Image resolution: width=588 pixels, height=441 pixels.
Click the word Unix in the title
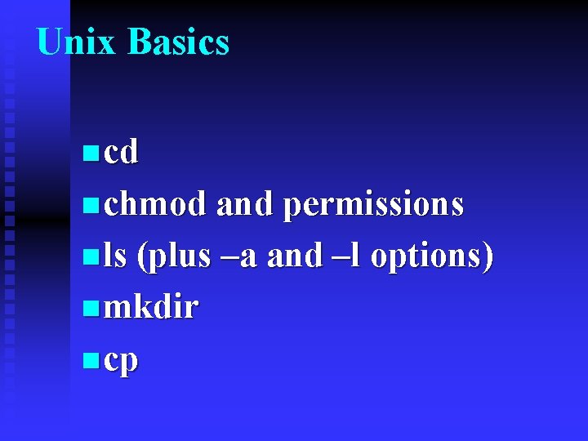pyautogui.click(x=77, y=42)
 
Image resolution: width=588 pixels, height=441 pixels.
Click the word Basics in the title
pyautogui.click(x=178, y=42)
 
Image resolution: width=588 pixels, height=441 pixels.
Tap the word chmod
pyautogui.click(x=155, y=203)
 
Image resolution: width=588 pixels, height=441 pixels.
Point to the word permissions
pyautogui.click(x=373, y=205)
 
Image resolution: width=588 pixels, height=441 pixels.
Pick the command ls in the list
pyautogui.click(x=115, y=256)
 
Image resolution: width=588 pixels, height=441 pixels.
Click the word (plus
pyautogui.click(x=174, y=257)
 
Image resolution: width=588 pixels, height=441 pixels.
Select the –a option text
pyautogui.click(x=239, y=256)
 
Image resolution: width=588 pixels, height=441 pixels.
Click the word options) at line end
pyautogui.click(x=432, y=257)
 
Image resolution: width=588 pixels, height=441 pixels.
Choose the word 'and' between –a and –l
pyautogui.click(x=295, y=256)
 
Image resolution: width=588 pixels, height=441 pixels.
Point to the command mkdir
pyautogui.click(x=151, y=308)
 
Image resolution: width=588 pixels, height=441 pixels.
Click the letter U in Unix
pyautogui.click(x=50, y=42)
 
